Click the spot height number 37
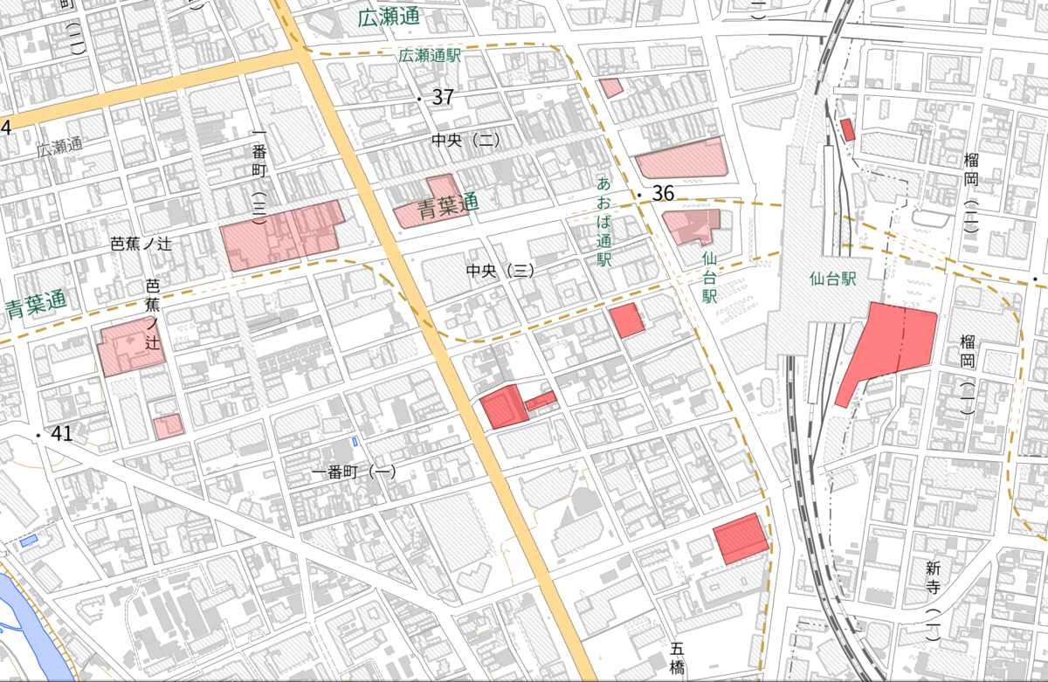pos(443,97)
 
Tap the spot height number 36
pos(663,194)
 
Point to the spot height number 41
pos(61,434)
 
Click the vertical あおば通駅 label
pos(603,222)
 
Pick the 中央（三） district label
pos(500,272)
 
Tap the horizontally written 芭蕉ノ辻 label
pos(141,245)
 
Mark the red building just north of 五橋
pos(741,538)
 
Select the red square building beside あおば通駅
pos(626,320)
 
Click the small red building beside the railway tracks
pos(847,130)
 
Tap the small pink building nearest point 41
pos(169,426)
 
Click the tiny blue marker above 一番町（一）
pos(354,442)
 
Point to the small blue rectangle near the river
pos(29,541)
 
